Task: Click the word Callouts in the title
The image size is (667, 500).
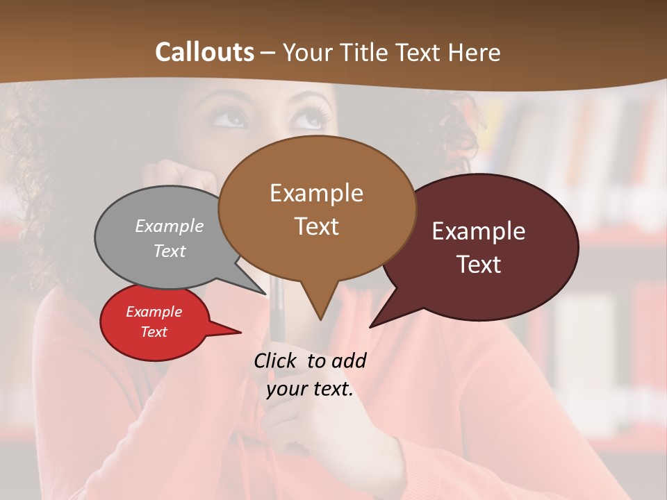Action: [x=204, y=52]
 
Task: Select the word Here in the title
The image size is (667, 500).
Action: [x=474, y=52]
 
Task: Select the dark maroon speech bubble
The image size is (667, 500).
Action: [x=486, y=247]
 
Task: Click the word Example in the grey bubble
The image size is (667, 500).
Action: [x=170, y=226]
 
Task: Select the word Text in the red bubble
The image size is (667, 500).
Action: [x=154, y=332]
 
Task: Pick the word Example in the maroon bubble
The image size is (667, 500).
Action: [x=479, y=231]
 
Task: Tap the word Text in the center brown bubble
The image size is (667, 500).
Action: [x=317, y=226]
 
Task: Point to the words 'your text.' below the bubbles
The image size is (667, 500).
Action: [x=310, y=389]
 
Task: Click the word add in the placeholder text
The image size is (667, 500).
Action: [x=348, y=360]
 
